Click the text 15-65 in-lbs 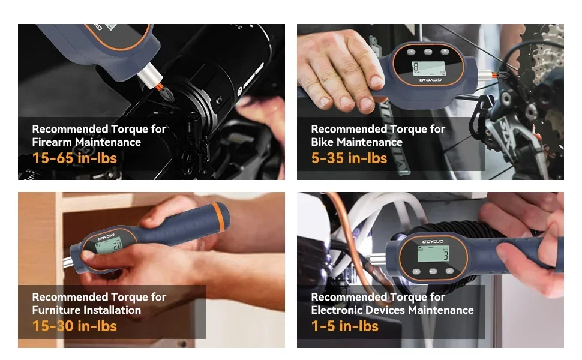point(74,158)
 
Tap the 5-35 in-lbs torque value point(349,158)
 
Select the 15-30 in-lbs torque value point(74,326)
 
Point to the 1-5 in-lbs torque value point(345,326)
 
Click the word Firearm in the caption point(52,142)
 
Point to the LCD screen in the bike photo point(429,68)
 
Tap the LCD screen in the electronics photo point(433,254)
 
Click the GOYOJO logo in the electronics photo point(433,242)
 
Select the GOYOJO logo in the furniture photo point(106,236)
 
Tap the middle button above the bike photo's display point(428,52)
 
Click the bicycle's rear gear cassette point(545,59)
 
